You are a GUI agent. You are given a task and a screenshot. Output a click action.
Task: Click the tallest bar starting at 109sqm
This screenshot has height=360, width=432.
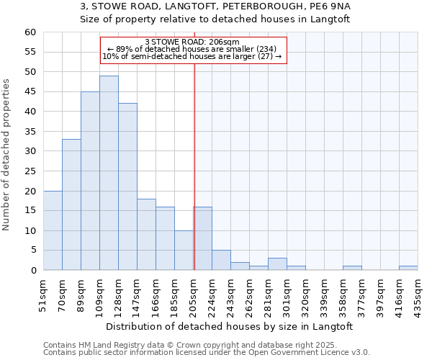coord(109,173)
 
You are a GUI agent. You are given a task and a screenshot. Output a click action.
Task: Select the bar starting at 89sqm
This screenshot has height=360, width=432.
coord(90,181)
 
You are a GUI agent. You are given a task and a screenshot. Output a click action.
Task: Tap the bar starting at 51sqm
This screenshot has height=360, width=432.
coord(53,230)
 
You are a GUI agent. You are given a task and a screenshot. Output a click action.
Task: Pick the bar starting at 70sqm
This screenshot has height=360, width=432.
coord(71,204)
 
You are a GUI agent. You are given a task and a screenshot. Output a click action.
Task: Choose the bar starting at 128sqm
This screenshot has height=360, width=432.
coord(127,186)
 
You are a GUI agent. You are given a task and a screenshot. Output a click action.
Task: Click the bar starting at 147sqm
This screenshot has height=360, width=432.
coord(146,235)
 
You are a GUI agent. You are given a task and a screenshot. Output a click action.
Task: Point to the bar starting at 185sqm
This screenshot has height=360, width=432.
coord(184,251)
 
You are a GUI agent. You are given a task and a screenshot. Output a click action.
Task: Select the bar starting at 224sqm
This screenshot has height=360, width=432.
coord(221,260)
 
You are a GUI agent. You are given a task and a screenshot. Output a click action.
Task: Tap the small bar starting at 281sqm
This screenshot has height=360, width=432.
coord(277,264)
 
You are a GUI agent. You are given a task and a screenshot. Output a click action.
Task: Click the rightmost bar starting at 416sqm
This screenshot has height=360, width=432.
coord(408,268)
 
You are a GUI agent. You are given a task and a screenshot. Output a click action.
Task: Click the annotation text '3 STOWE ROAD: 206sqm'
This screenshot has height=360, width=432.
coord(192,42)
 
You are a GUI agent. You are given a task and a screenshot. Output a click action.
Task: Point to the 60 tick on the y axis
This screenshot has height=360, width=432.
coord(30,32)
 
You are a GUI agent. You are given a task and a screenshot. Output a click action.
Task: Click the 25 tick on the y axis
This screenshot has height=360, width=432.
coord(30,171)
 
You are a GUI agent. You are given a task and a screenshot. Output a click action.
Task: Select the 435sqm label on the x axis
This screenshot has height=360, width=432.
coord(418,296)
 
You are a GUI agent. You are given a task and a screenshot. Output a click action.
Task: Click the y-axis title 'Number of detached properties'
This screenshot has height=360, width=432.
coord(6,156)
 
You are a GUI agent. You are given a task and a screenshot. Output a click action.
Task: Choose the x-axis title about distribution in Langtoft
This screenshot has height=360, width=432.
coord(235,326)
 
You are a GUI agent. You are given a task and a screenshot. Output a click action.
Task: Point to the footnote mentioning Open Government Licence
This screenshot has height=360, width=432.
coord(207,353)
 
